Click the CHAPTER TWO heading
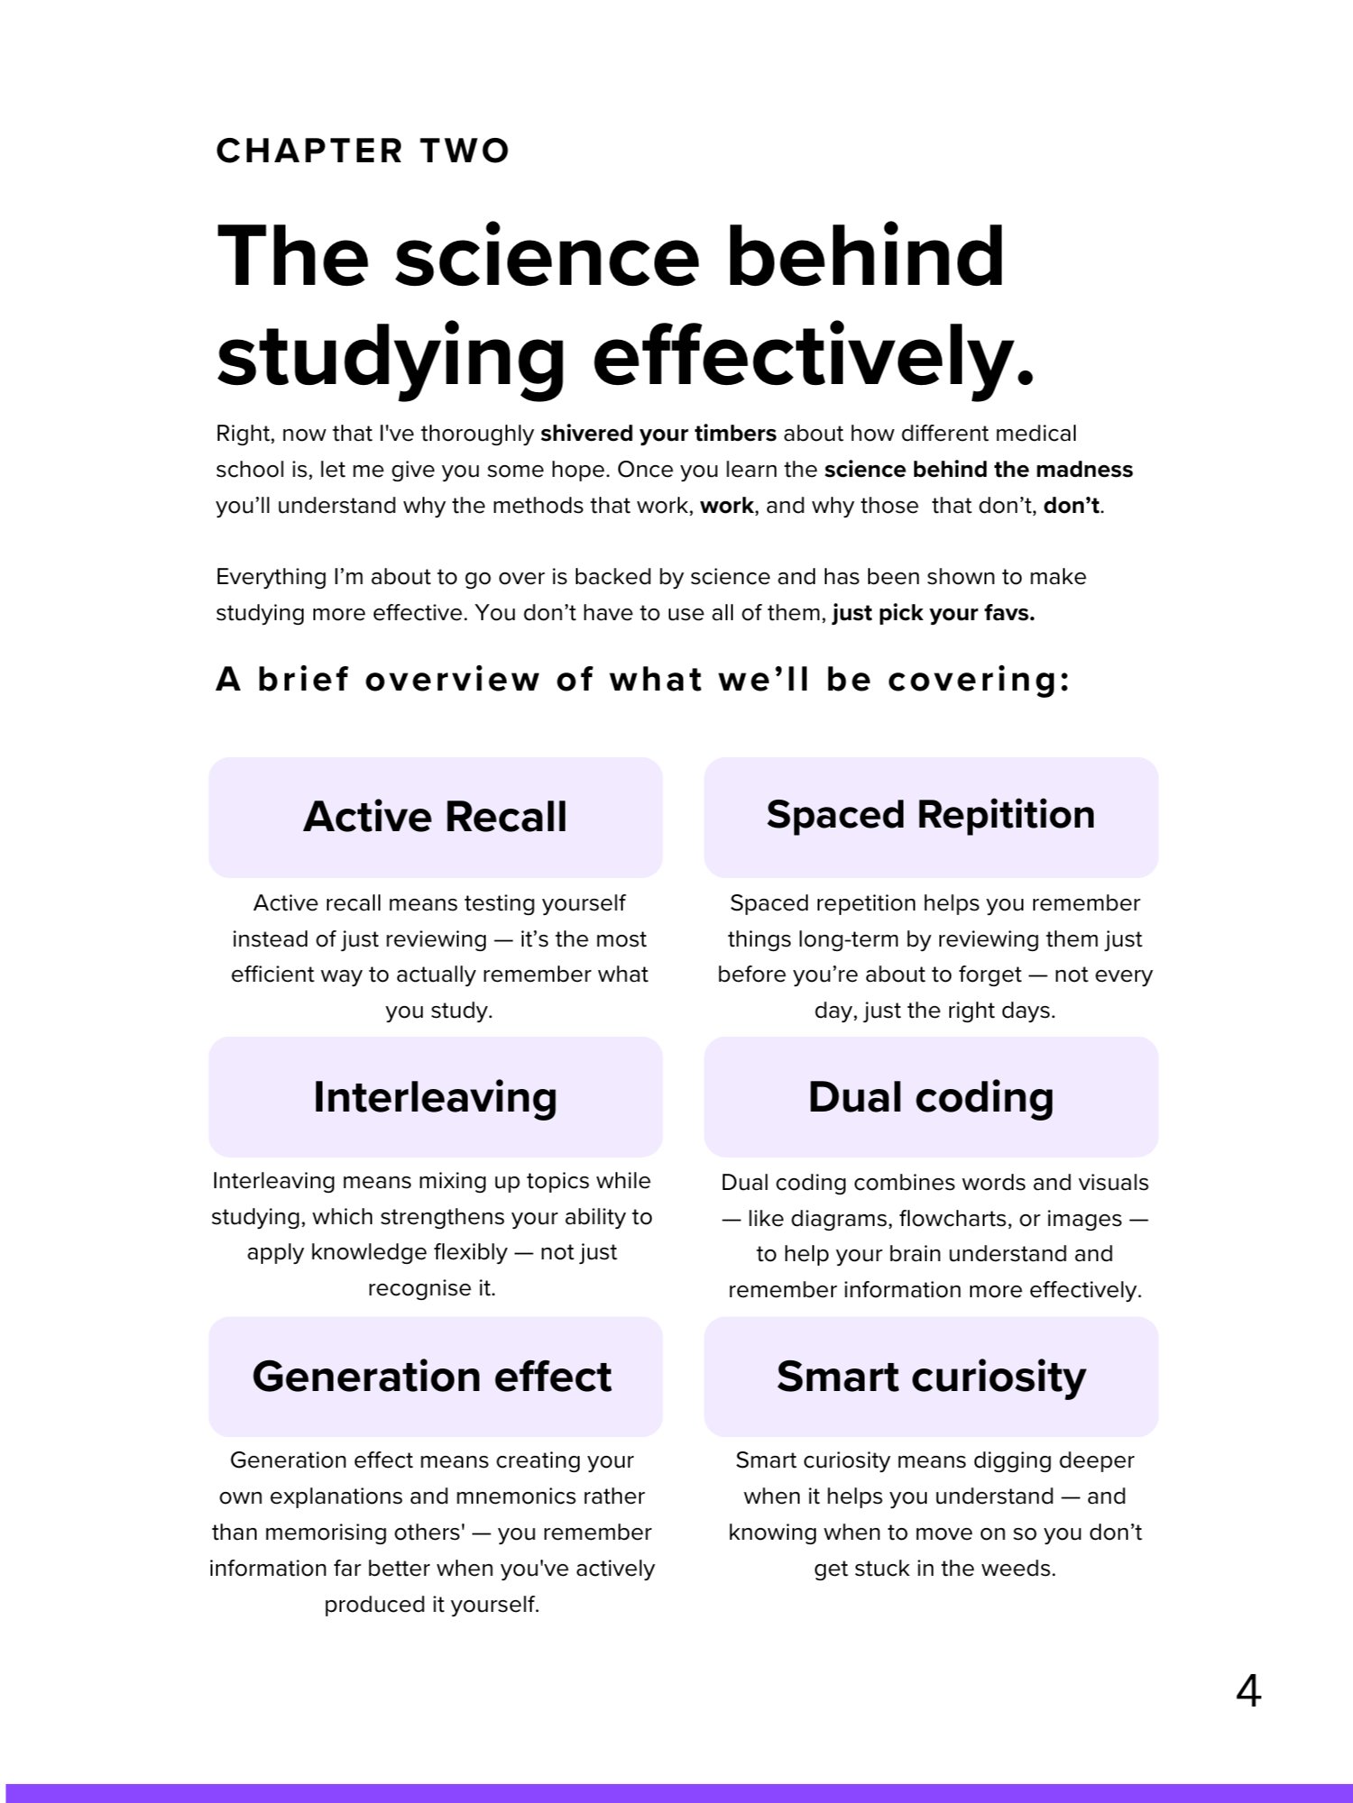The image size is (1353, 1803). click(363, 151)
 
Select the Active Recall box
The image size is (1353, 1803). click(436, 817)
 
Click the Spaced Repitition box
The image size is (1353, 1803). click(931, 817)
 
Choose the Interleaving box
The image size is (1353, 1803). click(436, 1097)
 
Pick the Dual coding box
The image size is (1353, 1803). click(931, 1097)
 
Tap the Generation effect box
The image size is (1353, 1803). click(436, 1377)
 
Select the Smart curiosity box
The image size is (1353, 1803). click(931, 1377)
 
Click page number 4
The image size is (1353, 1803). click(1248, 1691)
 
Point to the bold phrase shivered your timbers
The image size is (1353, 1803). click(658, 434)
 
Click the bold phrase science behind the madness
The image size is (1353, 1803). click(978, 470)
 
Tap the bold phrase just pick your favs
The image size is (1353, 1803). click(933, 614)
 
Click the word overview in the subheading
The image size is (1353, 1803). click(452, 680)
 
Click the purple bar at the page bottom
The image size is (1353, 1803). click(676, 1792)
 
